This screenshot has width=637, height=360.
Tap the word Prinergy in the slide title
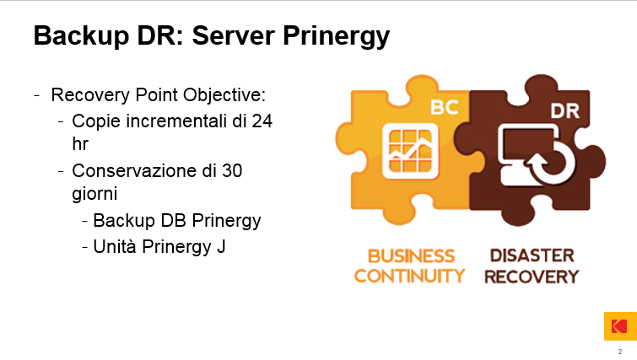pyautogui.click(x=337, y=36)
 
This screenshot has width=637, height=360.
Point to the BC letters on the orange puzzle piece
pyautogui.click(x=445, y=108)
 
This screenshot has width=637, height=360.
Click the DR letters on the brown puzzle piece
pyautogui.click(x=565, y=110)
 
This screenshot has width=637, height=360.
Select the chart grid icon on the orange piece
pyautogui.click(x=410, y=151)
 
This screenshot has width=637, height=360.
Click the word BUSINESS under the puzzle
pyautogui.click(x=411, y=256)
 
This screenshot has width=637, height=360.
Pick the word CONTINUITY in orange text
pyautogui.click(x=409, y=276)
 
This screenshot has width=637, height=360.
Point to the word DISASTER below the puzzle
pyautogui.click(x=532, y=255)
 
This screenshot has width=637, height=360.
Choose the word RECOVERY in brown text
pyautogui.click(x=532, y=277)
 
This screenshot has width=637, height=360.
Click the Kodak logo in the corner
pyautogui.click(x=620, y=326)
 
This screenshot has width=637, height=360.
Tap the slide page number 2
pyautogui.click(x=620, y=352)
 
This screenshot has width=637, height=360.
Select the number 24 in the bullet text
pyautogui.click(x=262, y=121)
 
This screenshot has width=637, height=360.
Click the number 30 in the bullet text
pyautogui.click(x=232, y=171)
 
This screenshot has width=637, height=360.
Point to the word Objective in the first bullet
pyautogui.click(x=224, y=95)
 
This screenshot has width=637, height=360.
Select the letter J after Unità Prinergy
pyautogui.click(x=221, y=247)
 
